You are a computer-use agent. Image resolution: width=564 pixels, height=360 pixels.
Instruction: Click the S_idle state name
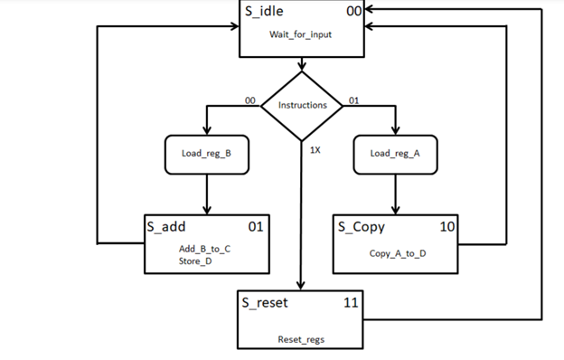click(x=271, y=12)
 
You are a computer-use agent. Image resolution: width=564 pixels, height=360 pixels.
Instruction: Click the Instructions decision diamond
click(x=302, y=106)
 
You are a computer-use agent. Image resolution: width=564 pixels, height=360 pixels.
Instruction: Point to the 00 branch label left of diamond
click(x=250, y=99)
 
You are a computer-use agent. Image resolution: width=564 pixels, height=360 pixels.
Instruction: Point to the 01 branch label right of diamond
click(x=353, y=99)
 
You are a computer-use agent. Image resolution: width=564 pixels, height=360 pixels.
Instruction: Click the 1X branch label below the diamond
click(x=315, y=149)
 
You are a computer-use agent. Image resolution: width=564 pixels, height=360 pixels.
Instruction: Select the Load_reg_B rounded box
click(x=208, y=153)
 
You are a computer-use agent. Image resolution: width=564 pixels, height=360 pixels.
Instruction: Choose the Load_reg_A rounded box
click(x=394, y=153)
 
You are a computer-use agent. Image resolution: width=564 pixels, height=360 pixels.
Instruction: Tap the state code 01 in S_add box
click(x=256, y=226)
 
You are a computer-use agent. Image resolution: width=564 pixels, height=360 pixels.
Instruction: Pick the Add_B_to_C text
click(x=205, y=248)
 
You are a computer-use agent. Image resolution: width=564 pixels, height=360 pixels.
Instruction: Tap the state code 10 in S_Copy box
click(x=446, y=226)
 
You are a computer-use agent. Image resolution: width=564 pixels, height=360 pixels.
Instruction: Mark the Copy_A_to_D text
click(x=397, y=253)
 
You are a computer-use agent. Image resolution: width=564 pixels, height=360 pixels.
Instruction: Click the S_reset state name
click(x=265, y=302)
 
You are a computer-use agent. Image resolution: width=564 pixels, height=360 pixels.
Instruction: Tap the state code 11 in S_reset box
click(x=352, y=302)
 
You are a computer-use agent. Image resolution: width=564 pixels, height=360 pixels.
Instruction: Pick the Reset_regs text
click(x=301, y=340)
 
